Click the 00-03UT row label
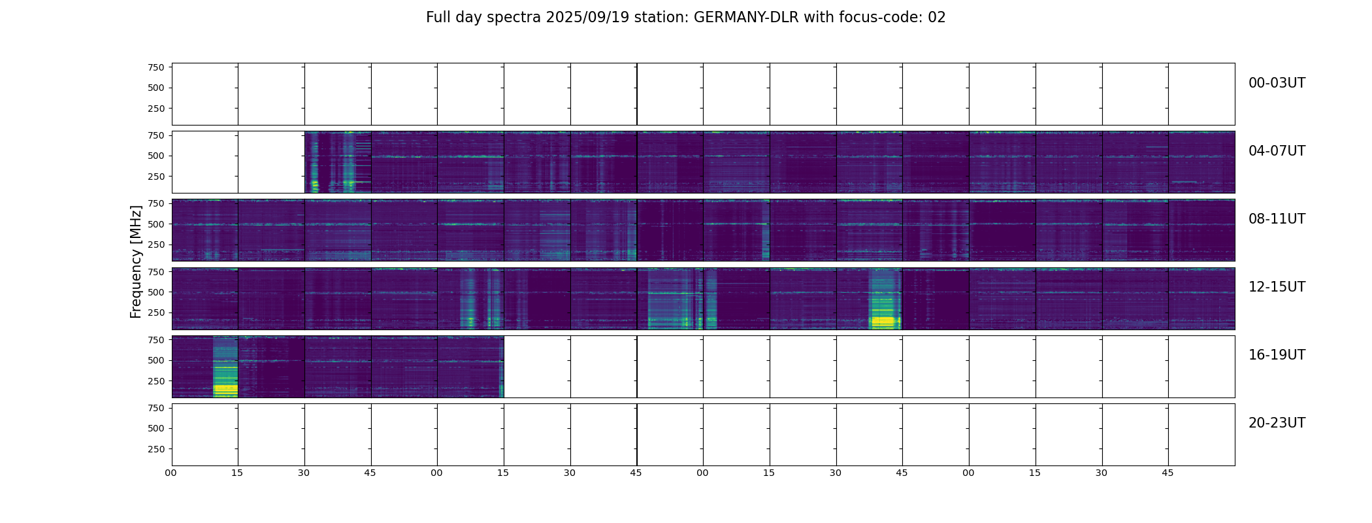(x=1276, y=83)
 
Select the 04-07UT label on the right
(x=1276, y=151)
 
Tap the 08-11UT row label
(x=1276, y=219)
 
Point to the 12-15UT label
(x=1276, y=287)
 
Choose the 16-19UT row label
(x=1276, y=355)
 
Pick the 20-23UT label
(x=1276, y=423)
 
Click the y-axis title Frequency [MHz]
(x=136, y=261)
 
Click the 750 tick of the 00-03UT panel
(x=155, y=67)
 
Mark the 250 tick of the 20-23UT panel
(x=155, y=449)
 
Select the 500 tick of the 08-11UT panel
(x=155, y=224)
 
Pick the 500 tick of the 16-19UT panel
(x=155, y=360)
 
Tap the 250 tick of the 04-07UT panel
(x=155, y=177)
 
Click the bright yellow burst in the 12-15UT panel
(x=885, y=322)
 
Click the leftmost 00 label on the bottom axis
(x=171, y=473)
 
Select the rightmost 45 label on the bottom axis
(x=1168, y=473)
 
